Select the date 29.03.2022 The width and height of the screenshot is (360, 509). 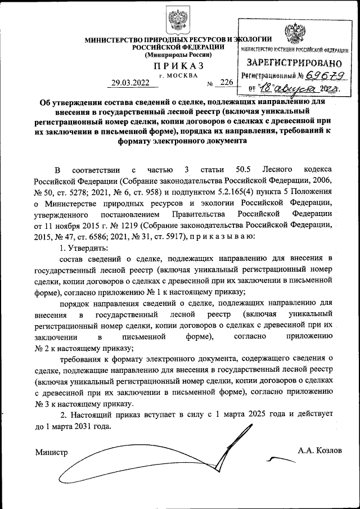[130, 83]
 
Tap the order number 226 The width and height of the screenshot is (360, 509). [227, 83]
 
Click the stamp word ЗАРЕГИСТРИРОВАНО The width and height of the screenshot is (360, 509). [295, 63]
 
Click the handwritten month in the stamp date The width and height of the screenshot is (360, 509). [295, 88]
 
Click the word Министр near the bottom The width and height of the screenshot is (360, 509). [51, 452]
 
